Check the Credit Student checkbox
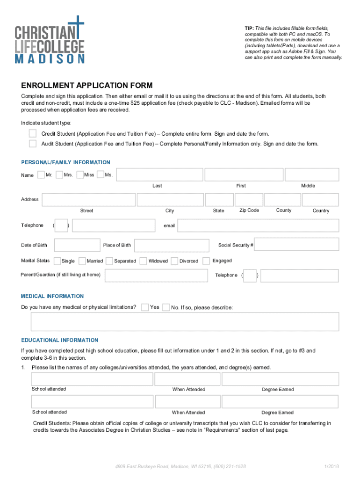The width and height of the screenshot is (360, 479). (x=33, y=134)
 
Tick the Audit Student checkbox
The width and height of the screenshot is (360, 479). (x=33, y=143)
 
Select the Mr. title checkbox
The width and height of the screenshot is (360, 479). (x=41, y=174)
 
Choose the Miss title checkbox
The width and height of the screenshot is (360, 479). (x=80, y=174)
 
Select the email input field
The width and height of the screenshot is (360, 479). (x=258, y=226)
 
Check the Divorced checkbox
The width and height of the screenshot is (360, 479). (x=175, y=261)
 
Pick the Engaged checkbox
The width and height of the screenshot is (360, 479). (x=206, y=261)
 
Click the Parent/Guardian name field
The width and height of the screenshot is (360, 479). (x=156, y=275)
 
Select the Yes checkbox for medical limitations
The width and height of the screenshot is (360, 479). (x=145, y=307)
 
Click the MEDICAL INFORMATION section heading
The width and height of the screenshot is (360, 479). (x=52, y=296)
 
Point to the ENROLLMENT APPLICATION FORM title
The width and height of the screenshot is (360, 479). (x=87, y=85)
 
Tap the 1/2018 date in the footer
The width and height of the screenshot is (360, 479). (x=331, y=467)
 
